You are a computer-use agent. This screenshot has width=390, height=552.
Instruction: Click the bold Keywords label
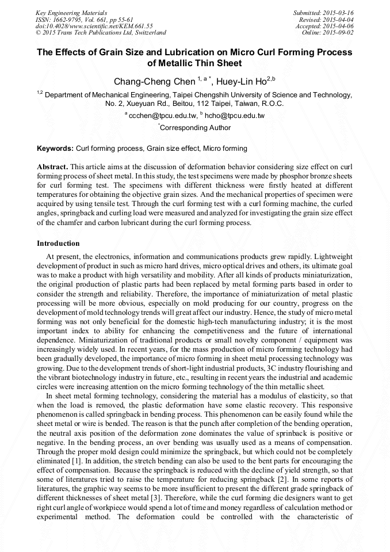55,148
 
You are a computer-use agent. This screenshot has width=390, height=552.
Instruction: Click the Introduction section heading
58,243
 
